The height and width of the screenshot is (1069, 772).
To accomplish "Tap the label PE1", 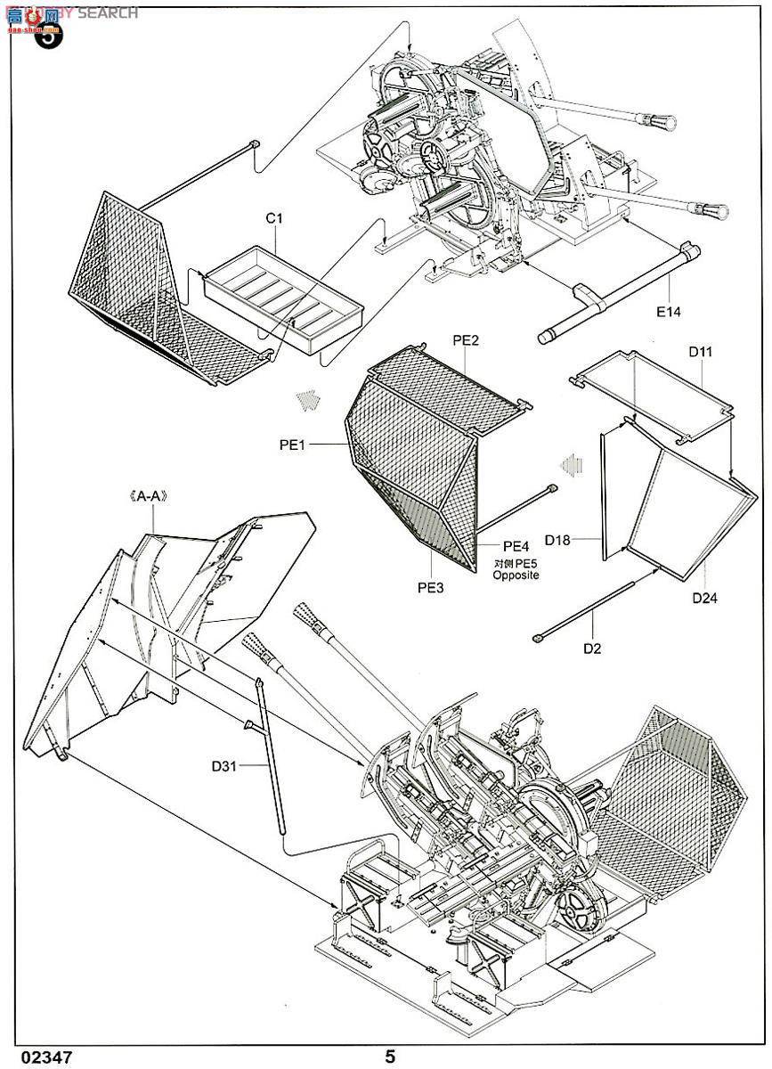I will tap(292, 445).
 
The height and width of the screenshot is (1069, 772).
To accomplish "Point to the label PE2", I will tap(466, 340).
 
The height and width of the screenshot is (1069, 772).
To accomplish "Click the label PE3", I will tap(429, 588).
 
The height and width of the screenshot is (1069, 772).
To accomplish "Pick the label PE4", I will tap(516, 546).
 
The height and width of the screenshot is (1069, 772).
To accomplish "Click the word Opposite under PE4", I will tap(516, 575).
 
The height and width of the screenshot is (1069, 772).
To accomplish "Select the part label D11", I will tap(700, 353).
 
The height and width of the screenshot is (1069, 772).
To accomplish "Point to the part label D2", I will tap(592, 649).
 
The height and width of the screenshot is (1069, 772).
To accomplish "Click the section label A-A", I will tap(149, 500).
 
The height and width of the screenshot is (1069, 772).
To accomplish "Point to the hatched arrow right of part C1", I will tap(308, 399).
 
